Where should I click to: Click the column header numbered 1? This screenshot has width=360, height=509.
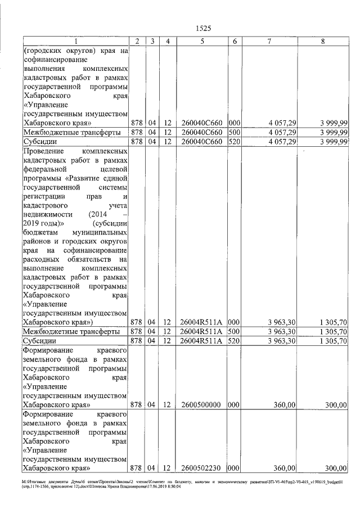[76, 41]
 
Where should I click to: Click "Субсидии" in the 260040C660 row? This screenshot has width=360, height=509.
[39, 142]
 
